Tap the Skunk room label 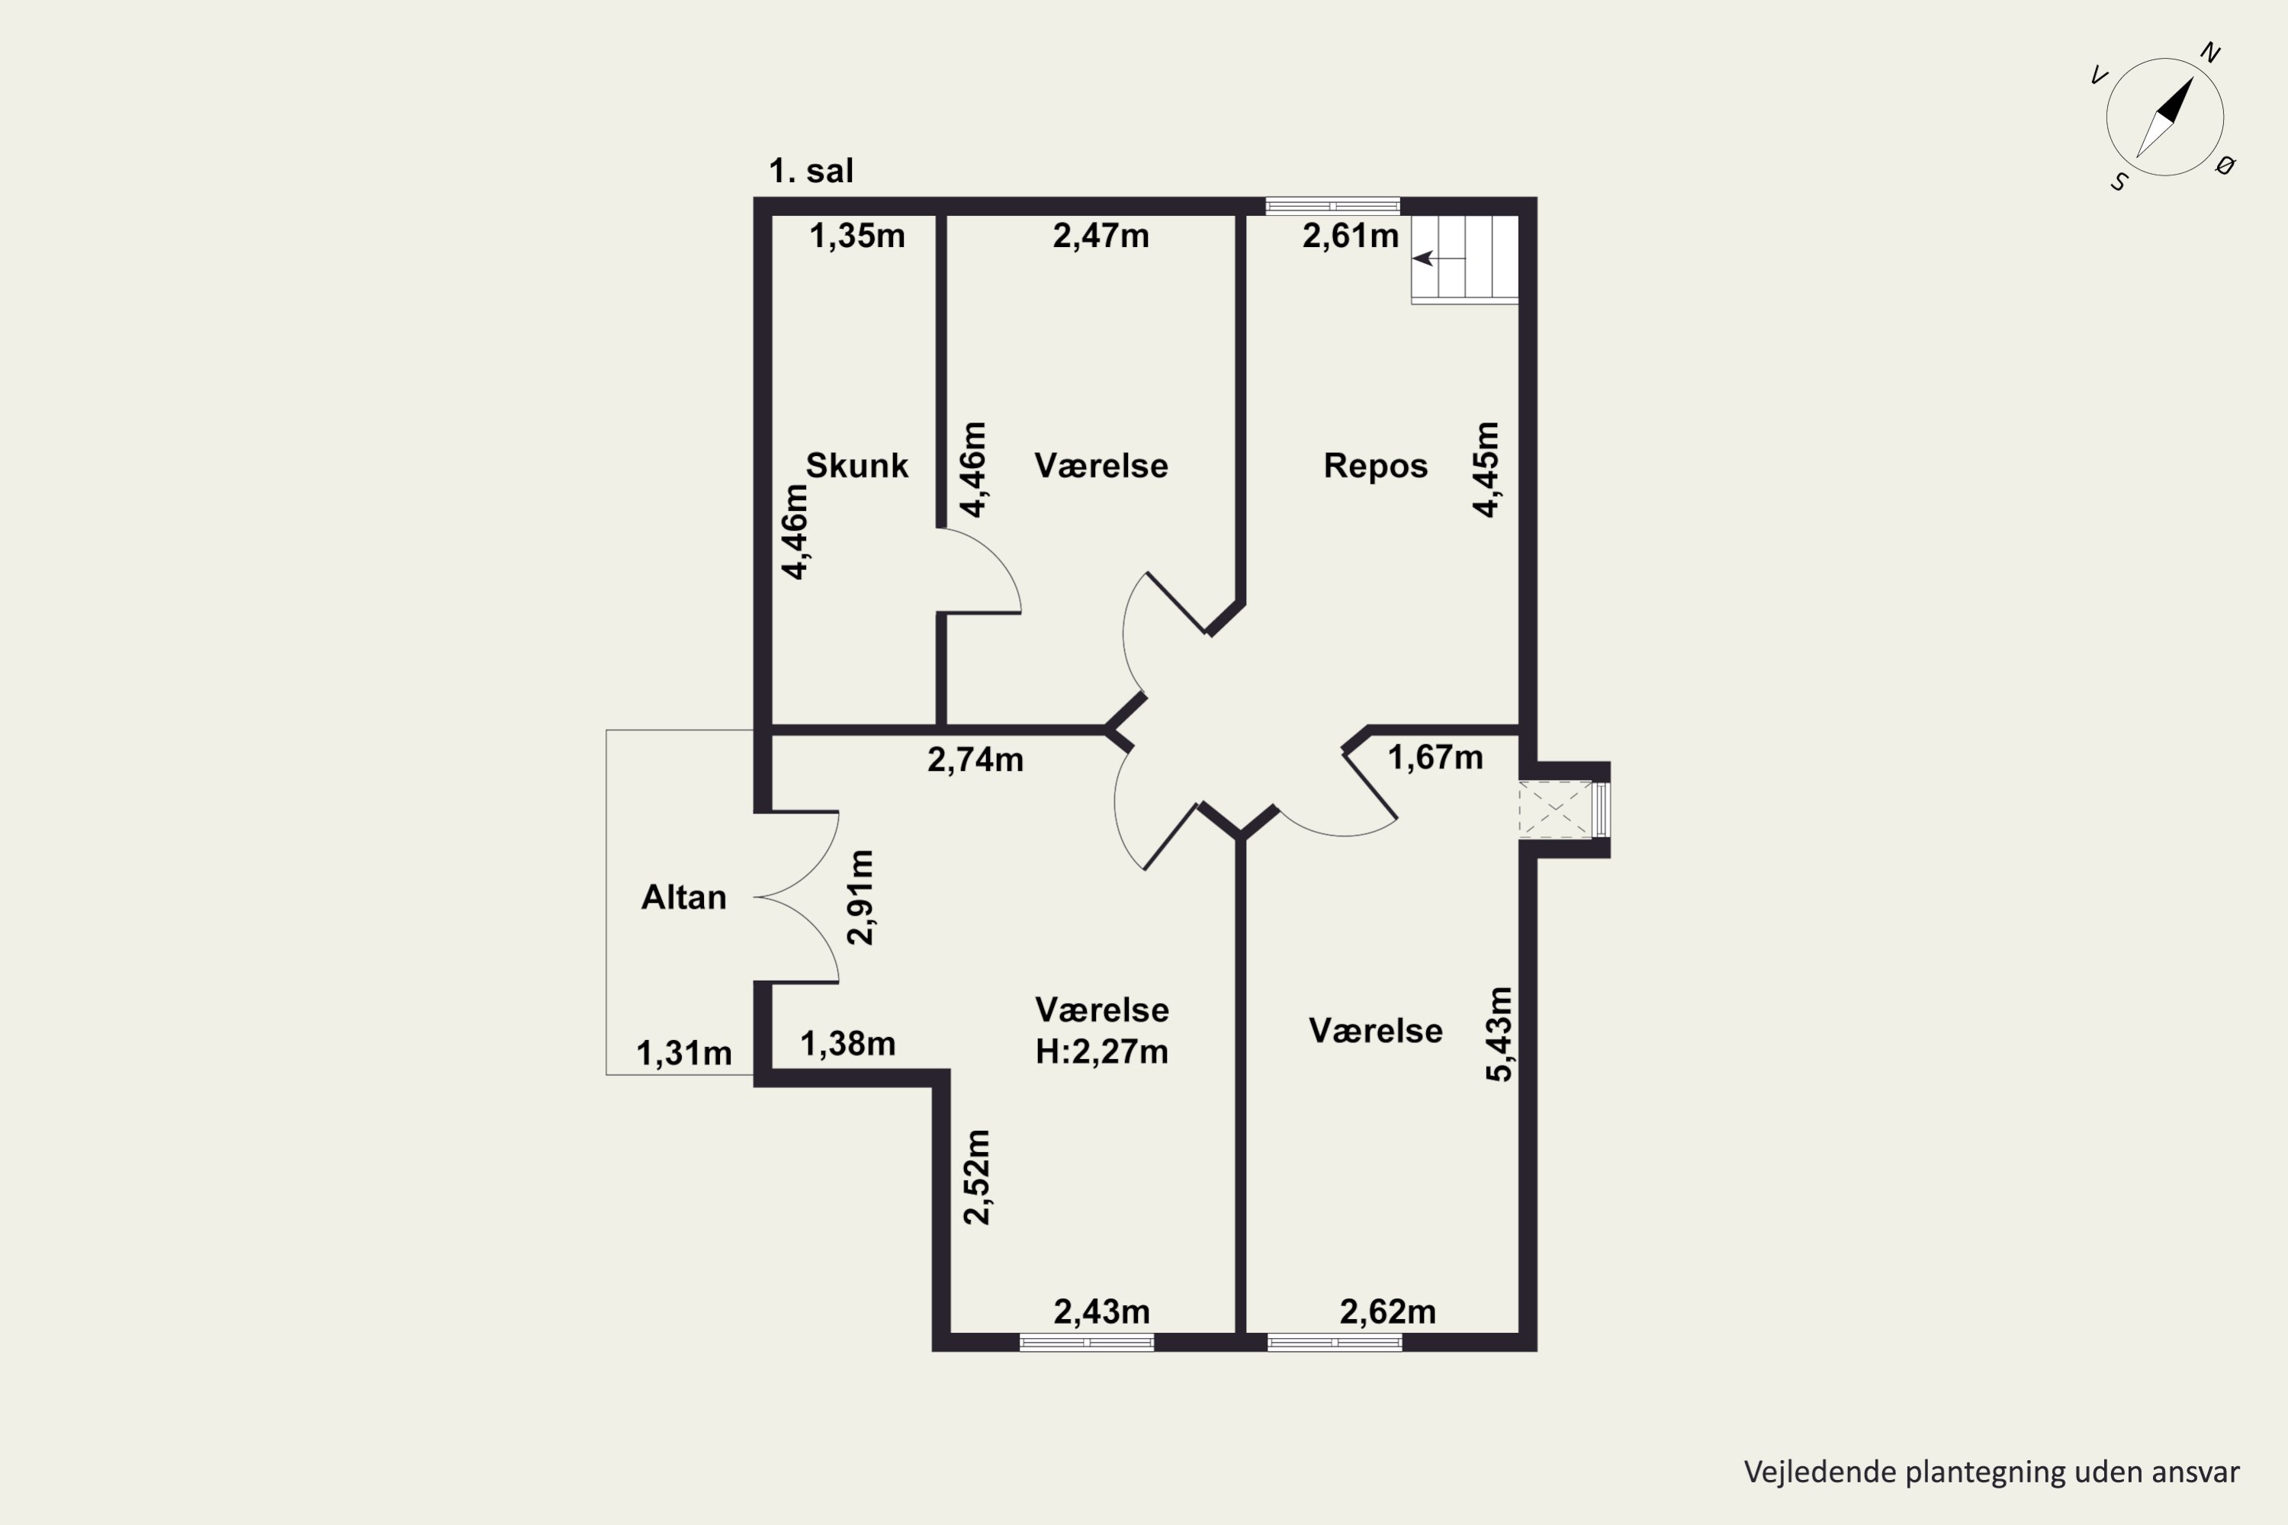857,466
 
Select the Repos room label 1376,466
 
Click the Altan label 684,897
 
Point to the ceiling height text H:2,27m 1101,1052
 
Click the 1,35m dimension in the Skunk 857,236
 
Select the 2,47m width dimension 1101,236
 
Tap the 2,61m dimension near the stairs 1350,236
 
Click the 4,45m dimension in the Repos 1486,470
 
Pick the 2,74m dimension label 975,760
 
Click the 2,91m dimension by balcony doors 861,897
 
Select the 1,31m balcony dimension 684,1053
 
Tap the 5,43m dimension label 1499,1034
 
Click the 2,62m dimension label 1387,1312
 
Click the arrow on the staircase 1438,258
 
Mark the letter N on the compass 2210,53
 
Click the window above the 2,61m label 1332,205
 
